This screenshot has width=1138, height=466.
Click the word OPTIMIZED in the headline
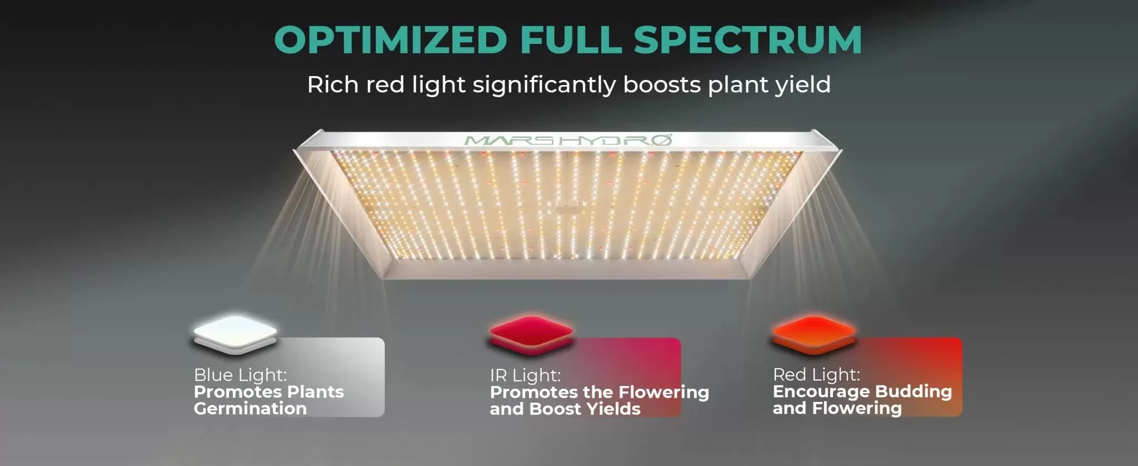click(391, 40)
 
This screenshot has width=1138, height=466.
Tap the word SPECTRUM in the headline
click(747, 40)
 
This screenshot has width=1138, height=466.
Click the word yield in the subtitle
click(803, 85)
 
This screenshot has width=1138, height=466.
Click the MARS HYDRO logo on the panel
click(568, 139)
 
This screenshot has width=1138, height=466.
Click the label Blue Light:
click(240, 375)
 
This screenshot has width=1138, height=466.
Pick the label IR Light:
click(525, 375)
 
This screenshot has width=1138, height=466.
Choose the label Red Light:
click(816, 374)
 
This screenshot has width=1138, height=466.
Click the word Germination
click(250, 409)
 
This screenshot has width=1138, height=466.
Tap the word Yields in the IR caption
click(613, 409)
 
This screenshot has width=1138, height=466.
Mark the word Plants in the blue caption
click(315, 392)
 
